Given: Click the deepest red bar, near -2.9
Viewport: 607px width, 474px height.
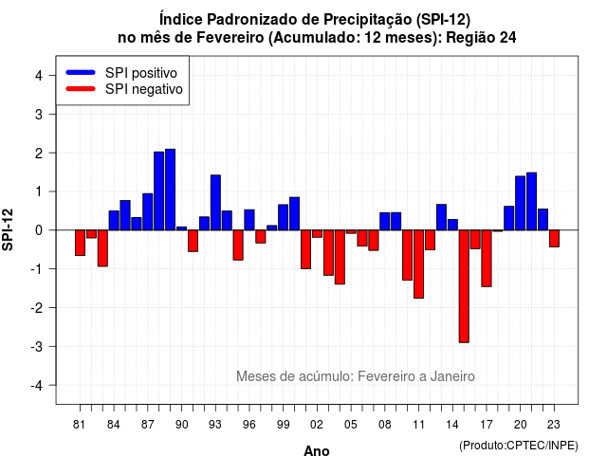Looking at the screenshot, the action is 464,286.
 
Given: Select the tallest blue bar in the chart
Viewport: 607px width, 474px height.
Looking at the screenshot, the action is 171,190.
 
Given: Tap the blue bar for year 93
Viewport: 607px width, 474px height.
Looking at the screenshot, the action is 215,202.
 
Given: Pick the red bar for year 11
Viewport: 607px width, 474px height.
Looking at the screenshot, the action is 418,264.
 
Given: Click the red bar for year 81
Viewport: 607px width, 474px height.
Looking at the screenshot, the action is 80,243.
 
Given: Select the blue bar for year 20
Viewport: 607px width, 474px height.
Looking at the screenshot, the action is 521,203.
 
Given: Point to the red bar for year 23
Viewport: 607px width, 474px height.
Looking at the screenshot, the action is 554,238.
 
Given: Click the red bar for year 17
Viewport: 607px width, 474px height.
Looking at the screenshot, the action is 487,258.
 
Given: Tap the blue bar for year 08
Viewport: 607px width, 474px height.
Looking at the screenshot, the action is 385,221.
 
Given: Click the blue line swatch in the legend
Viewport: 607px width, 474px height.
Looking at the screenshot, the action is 81,72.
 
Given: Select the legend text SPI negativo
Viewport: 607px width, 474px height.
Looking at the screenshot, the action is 143,89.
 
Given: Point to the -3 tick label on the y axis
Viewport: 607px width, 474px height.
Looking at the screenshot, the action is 37,346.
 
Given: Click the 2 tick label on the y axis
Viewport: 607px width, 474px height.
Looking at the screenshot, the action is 39,154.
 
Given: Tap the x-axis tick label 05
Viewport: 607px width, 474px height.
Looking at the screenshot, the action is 350,425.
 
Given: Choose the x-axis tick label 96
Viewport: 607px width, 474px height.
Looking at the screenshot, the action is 248,425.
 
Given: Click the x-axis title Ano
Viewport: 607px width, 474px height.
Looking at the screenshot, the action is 317,451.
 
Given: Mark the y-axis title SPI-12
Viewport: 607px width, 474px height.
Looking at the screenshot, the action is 8,229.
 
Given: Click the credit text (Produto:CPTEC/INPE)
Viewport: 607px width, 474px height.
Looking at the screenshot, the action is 519,446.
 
